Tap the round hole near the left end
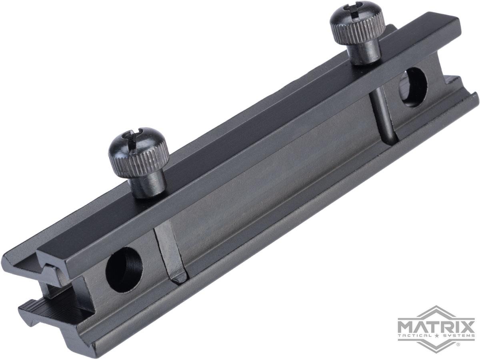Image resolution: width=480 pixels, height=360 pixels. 124,270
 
